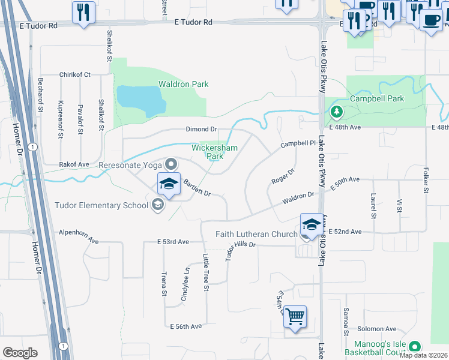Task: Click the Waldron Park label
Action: pos(183,85)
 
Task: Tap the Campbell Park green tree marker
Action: pos(337,112)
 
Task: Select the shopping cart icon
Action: pos(295,316)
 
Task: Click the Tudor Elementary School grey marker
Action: pos(157,206)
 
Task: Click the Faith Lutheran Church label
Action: pos(257,235)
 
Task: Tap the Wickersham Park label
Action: pos(214,152)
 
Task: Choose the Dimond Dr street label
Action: pos(201,130)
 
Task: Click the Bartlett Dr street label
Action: pos(197,188)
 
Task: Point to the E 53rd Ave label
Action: pos(173,242)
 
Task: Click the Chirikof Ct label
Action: pos(74,75)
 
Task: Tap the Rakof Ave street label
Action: pos(74,164)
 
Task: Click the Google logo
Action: pos(20,353)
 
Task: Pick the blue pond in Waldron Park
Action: pos(141,100)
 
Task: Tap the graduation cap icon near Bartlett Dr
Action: pos(169,184)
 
